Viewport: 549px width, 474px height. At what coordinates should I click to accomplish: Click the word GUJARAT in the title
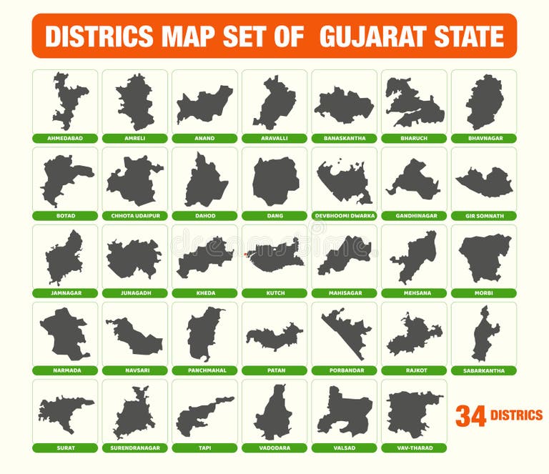click(376, 36)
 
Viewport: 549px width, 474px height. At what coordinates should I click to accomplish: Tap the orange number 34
click(470, 416)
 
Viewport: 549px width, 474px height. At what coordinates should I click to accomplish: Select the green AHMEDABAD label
click(65, 138)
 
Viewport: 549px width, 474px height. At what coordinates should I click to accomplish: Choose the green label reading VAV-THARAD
click(414, 448)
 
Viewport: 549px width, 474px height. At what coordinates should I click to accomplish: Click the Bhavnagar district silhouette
click(485, 102)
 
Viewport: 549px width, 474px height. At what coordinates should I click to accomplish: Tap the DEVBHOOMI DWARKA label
click(345, 216)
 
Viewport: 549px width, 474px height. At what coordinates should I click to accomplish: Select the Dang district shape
click(275, 182)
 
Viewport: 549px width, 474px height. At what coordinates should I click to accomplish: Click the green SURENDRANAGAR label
click(135, 448)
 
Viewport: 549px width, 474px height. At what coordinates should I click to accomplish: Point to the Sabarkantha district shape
click(485, 334)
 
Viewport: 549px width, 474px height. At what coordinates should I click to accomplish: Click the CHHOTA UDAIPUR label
click(135, 216)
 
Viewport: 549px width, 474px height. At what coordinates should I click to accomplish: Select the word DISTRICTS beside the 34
click(516, 415)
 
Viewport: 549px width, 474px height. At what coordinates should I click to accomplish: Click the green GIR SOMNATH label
click(484, 216)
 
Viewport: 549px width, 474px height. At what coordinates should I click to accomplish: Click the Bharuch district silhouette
click(414, 104)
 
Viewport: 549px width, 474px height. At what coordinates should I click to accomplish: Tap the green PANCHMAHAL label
click(205, 370)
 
